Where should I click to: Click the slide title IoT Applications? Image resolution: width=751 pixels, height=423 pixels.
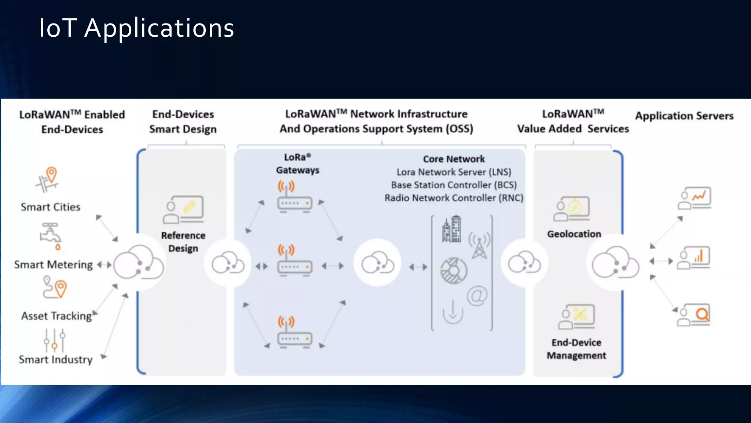pyautogui.click(x=136, y=28)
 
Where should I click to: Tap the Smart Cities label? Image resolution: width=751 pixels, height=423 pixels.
pyautogui.click(x=51, y=207)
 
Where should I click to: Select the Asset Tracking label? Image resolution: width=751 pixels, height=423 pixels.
pyautogui.click(x=56, y=316)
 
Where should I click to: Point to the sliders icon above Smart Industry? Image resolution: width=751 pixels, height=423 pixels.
pyautogui.click(x=54, y=340)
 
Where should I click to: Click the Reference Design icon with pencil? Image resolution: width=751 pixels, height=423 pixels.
pyautogui.click(x=183, y=210)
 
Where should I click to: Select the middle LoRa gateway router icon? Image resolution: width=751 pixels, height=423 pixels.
pyautogui.click(x=294, y=261)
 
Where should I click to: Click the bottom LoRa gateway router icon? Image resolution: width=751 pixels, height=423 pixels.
pyautogui.click(x=294, y=333)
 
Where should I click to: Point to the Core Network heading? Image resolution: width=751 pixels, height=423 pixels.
pyautogui.click(x=454, y=159)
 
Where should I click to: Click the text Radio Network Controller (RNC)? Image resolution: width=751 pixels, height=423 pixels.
pyautogui.click(x=454, y=198)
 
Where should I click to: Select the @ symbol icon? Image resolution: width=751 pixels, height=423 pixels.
pyautogui.click(x=477, y=296)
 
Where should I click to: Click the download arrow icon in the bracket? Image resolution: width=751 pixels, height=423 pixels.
pyautogui.click(x=453, y=312)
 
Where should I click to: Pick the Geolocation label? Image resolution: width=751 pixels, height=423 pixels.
pyautogui.click(x=574, y=234)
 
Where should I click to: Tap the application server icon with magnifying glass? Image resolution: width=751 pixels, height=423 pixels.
pyautogui.click(x=694, y=315)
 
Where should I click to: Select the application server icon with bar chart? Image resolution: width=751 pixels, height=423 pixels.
pyautogui.click(x=694, y=258)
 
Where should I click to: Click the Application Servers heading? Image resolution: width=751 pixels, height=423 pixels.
pyautogui.click(x=684, y=116)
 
